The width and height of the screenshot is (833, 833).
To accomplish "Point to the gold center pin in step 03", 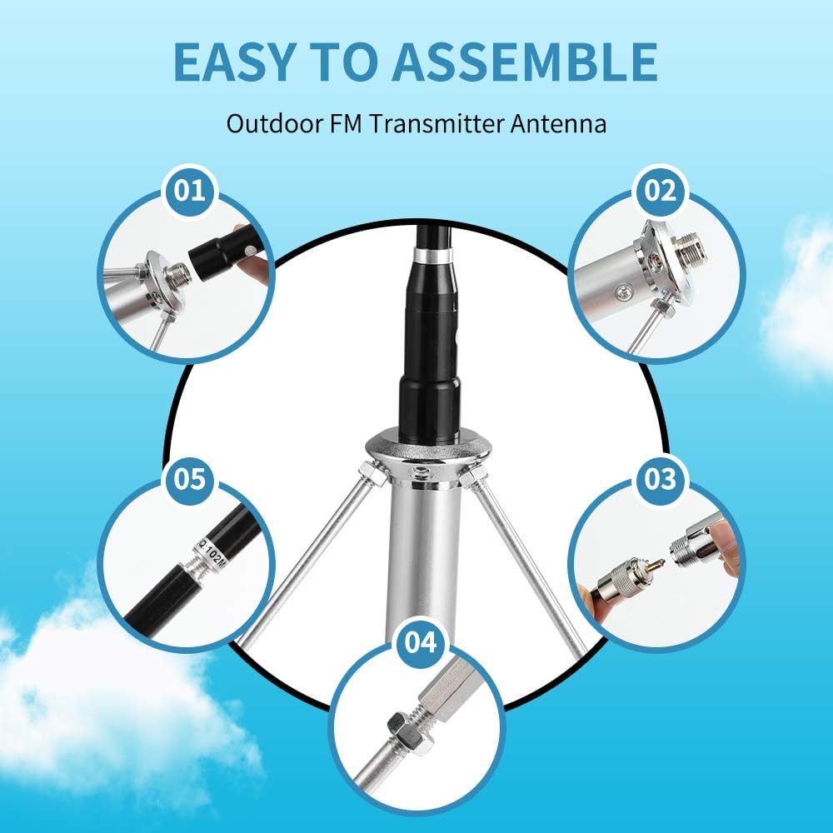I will [655, 566].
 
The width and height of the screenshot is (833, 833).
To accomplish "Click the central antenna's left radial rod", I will [308, 550].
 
